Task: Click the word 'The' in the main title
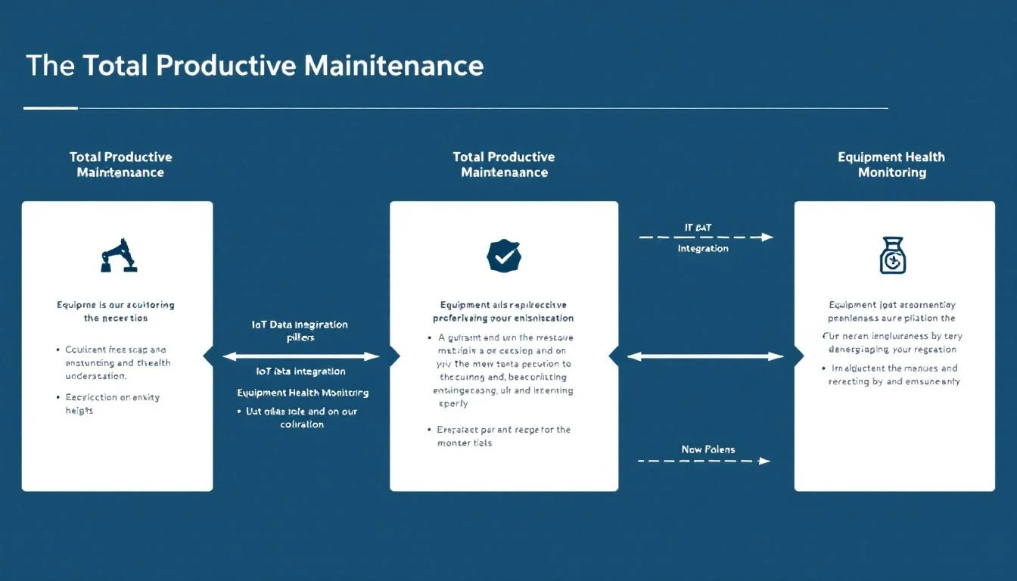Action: (50, 66)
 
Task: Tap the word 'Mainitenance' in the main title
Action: (393, 66)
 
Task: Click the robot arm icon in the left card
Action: (118, 256)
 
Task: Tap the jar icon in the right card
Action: (893, 255)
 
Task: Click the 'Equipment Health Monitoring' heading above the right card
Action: (891, 165)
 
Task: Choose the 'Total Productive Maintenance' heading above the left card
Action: (120, 165)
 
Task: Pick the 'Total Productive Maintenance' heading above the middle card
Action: (504, 165)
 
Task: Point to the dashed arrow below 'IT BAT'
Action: (706, 238)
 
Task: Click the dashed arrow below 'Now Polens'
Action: (704, 461)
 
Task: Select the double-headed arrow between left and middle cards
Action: (301, 356)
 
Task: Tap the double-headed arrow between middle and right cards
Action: (705, 356)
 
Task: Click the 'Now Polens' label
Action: (708, 449)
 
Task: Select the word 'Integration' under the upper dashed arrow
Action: (703, 249)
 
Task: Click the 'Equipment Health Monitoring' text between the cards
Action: (303, 393)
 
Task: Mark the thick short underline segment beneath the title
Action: (51, 108)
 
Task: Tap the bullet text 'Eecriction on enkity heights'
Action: (112, 404)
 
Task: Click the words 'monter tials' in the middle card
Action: (465, 443)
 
